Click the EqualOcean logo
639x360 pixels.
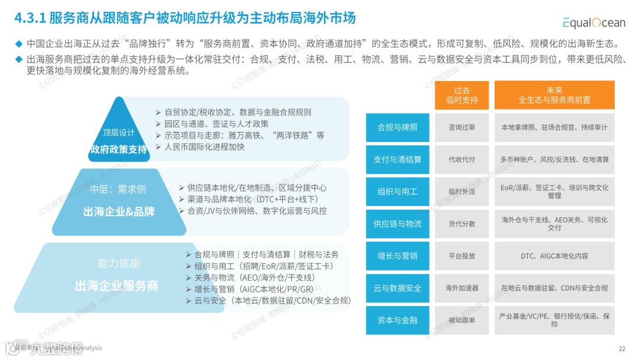click(593, 22)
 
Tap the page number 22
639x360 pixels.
click(621, 348)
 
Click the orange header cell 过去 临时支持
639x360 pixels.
click(461, 95)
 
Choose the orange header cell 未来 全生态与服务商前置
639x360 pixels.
click(554, 95)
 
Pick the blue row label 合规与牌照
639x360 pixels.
click(397, 127)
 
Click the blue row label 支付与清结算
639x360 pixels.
click(397, 159)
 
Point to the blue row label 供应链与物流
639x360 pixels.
click(397, 224)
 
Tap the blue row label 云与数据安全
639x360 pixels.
click(397, 288)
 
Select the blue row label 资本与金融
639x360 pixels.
click(397, 320)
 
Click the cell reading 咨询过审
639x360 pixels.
click(461, 127)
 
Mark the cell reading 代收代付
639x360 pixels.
click(461, 159)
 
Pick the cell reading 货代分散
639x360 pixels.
click(461, 224)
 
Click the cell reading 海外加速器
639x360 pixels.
click(461, 288)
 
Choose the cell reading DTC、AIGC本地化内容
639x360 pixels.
click(554, 256)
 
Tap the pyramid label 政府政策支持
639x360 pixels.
click(118, 149)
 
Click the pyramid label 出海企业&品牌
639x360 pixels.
click(118, 212)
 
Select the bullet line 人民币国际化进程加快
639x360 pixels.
click(204, 147)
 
